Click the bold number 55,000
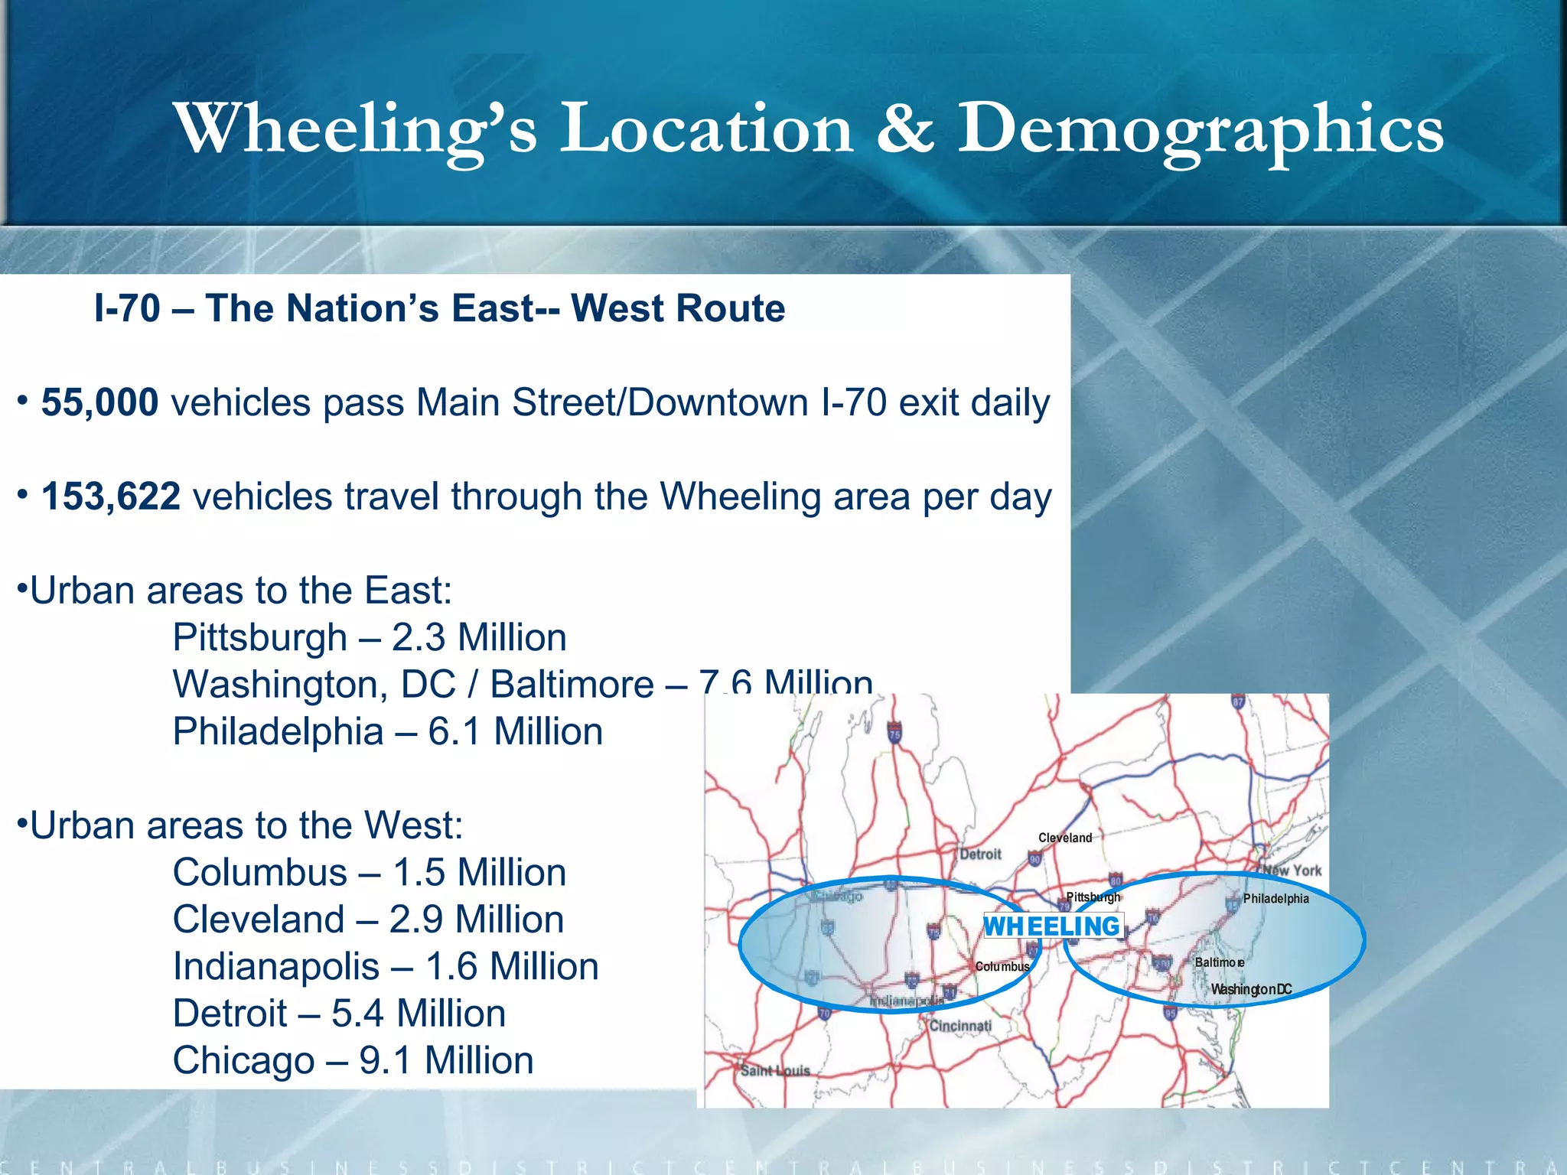(x=99, y=402)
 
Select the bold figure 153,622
(x=111, y=496)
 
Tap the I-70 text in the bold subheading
(x=127, y=308)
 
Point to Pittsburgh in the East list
(x=259, y=637)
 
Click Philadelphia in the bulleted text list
(x=278, y=731)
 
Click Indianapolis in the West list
(x=275, y=966)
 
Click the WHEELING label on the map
(x=1052, y=926)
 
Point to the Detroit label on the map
(x=980, y=854)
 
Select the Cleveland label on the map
(x=1065, y=838)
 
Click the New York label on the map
(x=1292, y=870)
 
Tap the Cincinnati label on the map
(x=960, y=1026)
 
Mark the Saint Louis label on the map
(x=775, y=1070)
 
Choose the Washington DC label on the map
(x=1251, y=989)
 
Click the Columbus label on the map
(x=1002, y=967)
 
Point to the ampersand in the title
(x=905, y=128)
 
